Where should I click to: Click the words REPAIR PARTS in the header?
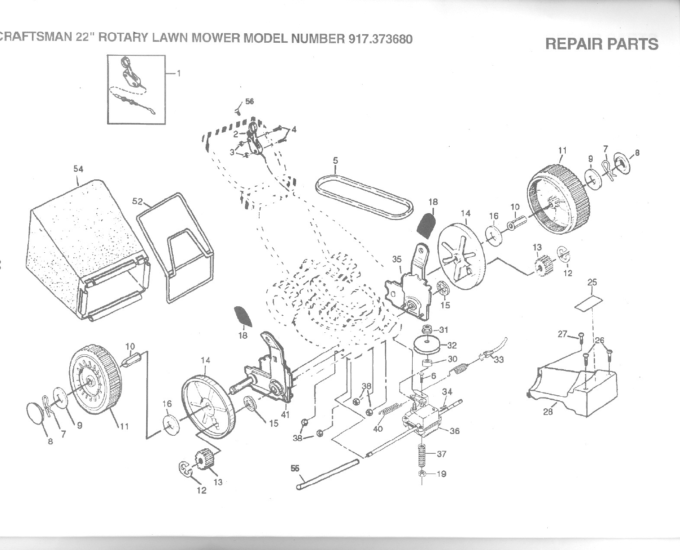tap(601, 44)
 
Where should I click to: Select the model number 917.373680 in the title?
tap(380, 39)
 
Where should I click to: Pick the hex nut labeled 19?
tap(422, 474)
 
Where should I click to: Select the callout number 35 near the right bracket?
tap(396, 259)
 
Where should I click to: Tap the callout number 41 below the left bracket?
tap(285, 414)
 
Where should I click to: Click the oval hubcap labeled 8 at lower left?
tap(36, 411)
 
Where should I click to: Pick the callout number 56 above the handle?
tap(249, 101)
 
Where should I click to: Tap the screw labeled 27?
tap(580, 335)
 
